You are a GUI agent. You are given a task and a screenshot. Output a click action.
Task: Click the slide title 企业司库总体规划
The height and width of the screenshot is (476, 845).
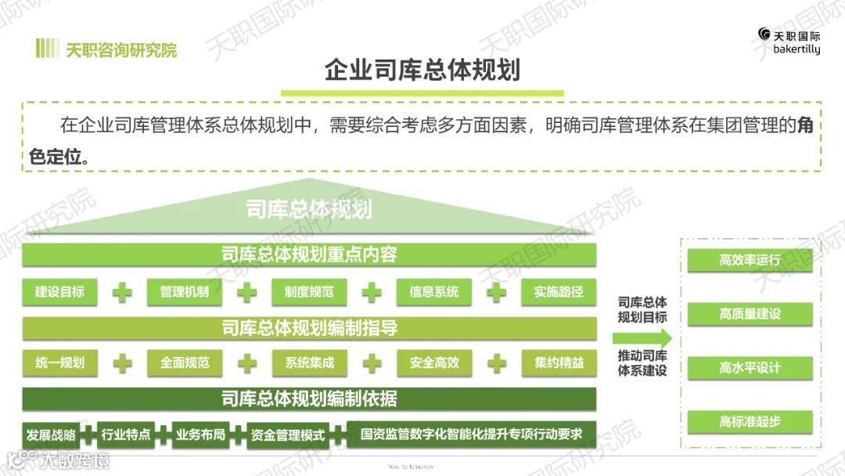(x=422, y=70)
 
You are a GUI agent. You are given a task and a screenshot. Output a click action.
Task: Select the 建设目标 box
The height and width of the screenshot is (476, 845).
(x=59, y=292)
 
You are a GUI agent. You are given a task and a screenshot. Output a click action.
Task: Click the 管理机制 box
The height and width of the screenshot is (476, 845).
(x=184, y=292)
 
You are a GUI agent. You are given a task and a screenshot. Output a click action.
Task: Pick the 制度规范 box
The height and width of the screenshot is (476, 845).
(x=309, y=292)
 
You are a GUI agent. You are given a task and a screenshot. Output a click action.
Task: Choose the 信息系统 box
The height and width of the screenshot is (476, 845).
(x=433, y=292)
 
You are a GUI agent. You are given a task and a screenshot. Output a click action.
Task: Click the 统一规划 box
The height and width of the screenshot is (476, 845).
(x=59, y=362)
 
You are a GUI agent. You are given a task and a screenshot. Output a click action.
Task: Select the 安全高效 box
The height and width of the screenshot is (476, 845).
(x=433, y=362)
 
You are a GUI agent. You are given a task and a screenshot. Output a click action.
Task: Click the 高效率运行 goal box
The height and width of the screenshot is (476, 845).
(x=750, y=260)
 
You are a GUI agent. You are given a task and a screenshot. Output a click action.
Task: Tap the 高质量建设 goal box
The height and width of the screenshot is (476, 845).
(x=750, y=314)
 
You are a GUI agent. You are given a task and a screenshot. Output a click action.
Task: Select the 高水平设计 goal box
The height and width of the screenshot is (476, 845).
(x=750, y=367)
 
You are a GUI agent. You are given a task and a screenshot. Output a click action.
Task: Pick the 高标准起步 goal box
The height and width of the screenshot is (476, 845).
(x=750, y=421)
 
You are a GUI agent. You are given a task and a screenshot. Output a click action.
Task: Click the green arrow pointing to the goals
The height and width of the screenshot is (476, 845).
(x=642, y=338)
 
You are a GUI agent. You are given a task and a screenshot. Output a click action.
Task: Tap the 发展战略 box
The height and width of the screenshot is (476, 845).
(x=51, y=435)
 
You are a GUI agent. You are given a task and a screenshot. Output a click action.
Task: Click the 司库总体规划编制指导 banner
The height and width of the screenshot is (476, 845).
(x=309, y=328)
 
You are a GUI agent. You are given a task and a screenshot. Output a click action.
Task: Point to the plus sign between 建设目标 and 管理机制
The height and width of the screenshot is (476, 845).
(x=122, y=292)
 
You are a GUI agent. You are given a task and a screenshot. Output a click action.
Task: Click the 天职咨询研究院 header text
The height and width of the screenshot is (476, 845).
(x=120, y=50)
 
